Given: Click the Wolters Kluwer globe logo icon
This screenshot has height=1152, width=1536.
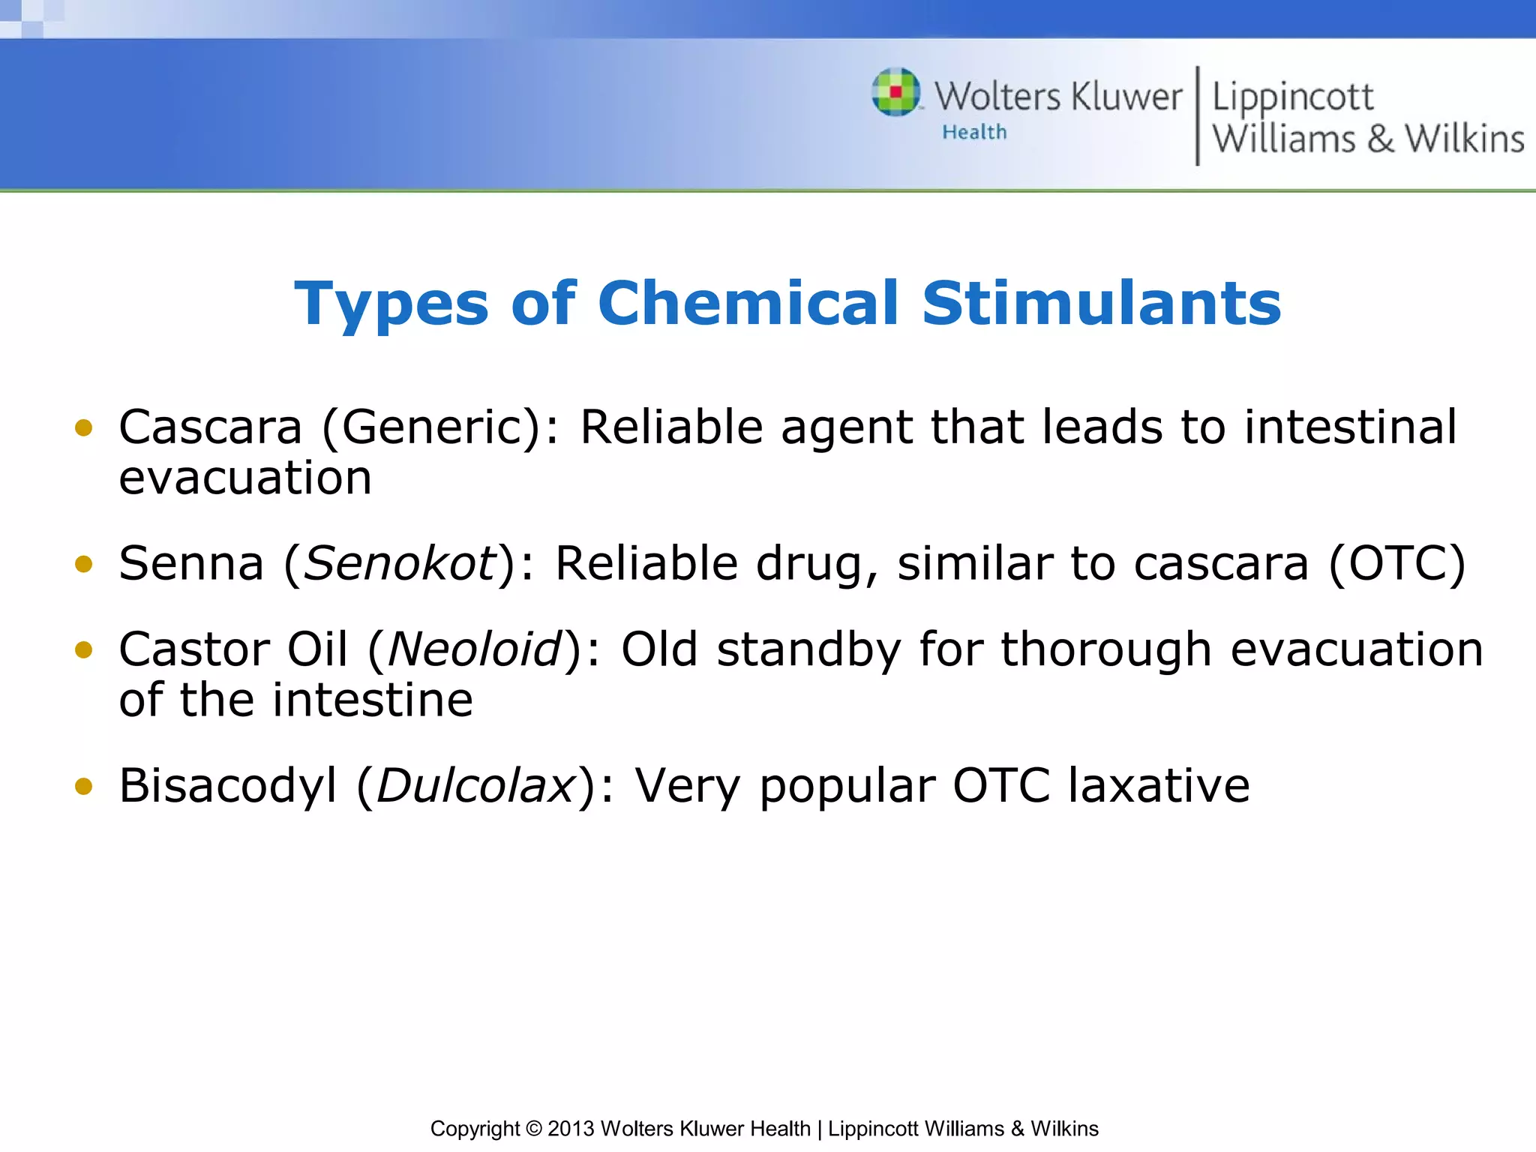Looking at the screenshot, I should tap(895, 92).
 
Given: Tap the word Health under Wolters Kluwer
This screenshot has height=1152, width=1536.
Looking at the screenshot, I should tap(974, 132).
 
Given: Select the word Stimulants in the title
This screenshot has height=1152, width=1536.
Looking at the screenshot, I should tap(1102, 303).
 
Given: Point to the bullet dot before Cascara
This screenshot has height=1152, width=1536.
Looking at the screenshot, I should tap(84, 427).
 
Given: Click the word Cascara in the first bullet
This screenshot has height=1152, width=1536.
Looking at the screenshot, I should tap(210, 427).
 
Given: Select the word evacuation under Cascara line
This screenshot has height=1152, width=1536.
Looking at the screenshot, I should tap(245, 478).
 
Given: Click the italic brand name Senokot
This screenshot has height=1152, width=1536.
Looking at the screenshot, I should tap(399, 563).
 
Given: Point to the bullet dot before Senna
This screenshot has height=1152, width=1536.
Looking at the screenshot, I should tap(84, 563).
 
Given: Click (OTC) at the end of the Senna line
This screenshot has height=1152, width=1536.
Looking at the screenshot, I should tap(1396, 563).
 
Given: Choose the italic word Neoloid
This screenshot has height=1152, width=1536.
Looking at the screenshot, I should tap(474, 649).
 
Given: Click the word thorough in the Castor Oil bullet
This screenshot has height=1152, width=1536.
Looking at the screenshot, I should tap(1106, 649).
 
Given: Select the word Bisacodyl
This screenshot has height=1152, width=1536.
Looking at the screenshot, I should tap(228, 786).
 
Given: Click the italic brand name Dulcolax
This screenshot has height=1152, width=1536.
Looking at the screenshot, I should tap(475, 786).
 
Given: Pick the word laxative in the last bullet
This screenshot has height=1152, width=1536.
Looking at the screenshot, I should tap(1159, 786).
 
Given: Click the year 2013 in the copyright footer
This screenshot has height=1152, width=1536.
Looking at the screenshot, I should tap(571, 1129).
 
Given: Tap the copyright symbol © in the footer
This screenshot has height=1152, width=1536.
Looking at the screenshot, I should tap(533, 1129).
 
